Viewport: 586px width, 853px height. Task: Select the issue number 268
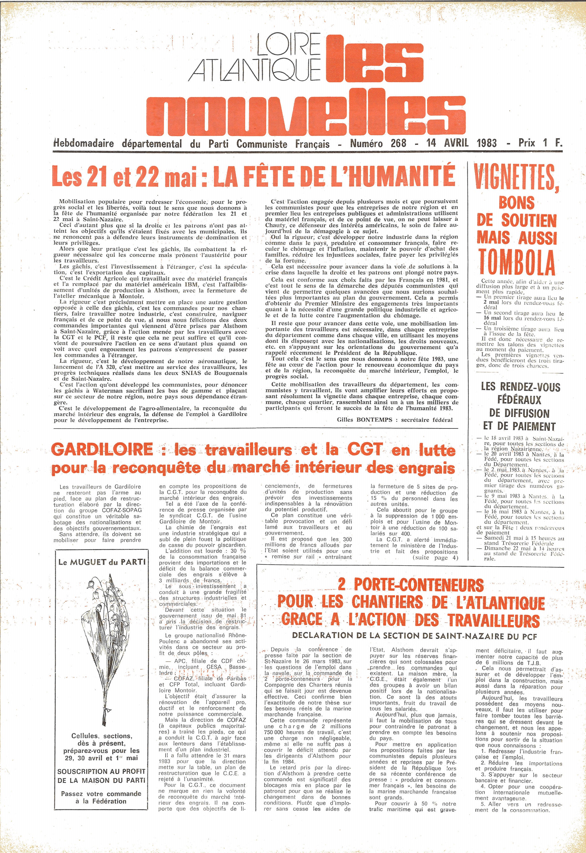click(398, 143)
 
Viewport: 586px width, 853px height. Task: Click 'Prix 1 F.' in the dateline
click(540, 143)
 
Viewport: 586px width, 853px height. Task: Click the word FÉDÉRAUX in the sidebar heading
click(519, 400)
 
